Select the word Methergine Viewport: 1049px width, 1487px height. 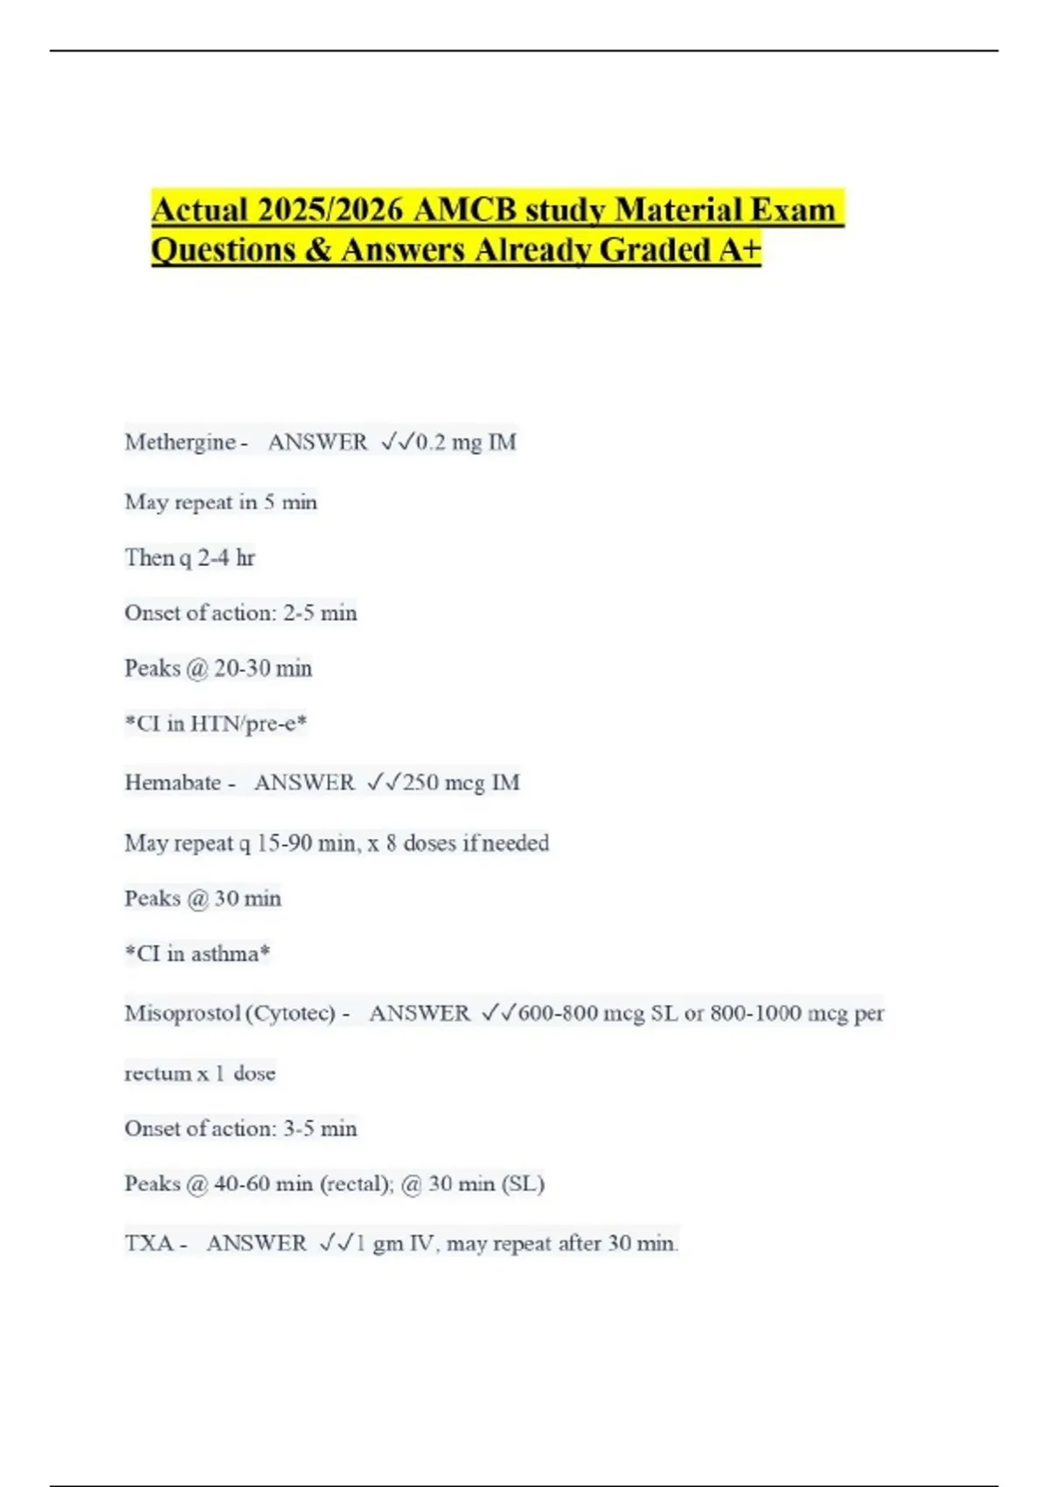(180, 443)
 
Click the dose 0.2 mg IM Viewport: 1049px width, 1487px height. (466, 443)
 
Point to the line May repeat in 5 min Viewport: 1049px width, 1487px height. (221, 502)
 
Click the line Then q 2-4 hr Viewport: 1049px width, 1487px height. (190, 558)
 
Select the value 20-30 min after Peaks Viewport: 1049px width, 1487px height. (263, 668)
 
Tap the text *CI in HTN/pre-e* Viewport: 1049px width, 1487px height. (216, 723)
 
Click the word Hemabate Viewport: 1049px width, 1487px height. (173, 782)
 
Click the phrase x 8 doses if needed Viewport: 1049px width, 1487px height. (458, 843)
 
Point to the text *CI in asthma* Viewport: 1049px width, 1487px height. (198, 953)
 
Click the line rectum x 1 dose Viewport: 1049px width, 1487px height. (200, 1073)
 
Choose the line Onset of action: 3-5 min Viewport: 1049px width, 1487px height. (240, 1128)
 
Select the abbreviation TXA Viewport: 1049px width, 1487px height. (149, 1243)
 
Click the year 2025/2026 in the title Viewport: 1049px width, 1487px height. (330, 210)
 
